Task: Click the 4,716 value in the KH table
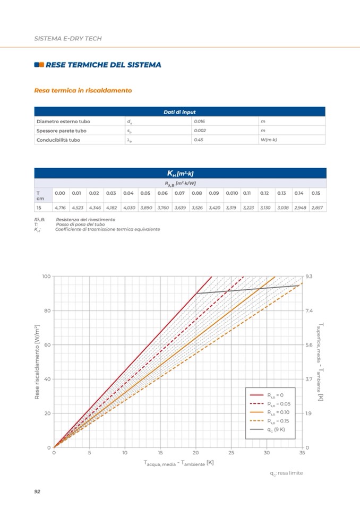(61, 207)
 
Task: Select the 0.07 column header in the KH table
(179, 193)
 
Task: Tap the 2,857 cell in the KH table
(318, 207)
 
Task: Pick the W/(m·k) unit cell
(270, 140)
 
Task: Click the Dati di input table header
(179, 112)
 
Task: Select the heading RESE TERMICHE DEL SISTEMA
(104, 65)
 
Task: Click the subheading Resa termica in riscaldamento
(83, 91)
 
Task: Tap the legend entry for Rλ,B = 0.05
(276, 403)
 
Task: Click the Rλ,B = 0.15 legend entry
(276, 420)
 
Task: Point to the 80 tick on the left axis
(46, 310)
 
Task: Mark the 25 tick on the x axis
(231, 453)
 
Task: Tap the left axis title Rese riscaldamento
(38, 363)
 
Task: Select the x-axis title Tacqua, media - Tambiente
(178, 463)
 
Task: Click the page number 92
(37, 491)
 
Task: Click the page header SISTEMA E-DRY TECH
(68, 39)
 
